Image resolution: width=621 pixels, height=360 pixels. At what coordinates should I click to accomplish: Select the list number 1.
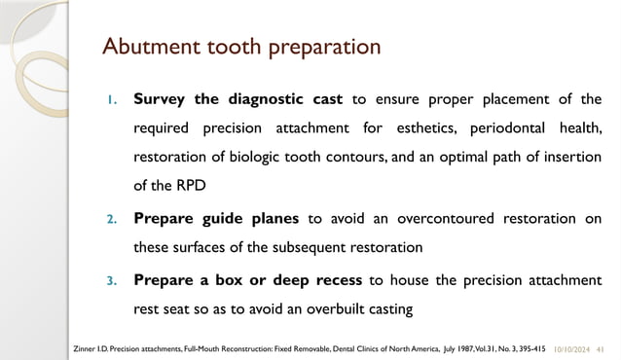point(111,99)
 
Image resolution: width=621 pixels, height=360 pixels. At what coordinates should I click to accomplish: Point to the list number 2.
point(111,220)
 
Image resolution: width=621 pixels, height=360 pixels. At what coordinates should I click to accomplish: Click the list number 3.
point(111,281)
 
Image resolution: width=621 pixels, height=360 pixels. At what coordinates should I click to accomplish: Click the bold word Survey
point(160,98)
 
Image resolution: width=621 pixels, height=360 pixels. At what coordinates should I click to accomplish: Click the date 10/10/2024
point(576,346)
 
